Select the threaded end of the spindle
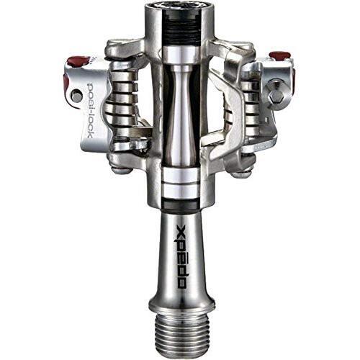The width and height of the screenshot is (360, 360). click(x=180, y=328)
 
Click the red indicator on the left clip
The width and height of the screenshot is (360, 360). click(x=79, y=60)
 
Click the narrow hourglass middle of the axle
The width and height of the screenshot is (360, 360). click(x=179, y=115)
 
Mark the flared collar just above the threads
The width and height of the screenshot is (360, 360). click(x=180, y=299)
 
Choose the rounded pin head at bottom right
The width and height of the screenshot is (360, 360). click(x=242, y=173)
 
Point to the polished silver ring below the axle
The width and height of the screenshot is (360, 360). click(x=180, y=180)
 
